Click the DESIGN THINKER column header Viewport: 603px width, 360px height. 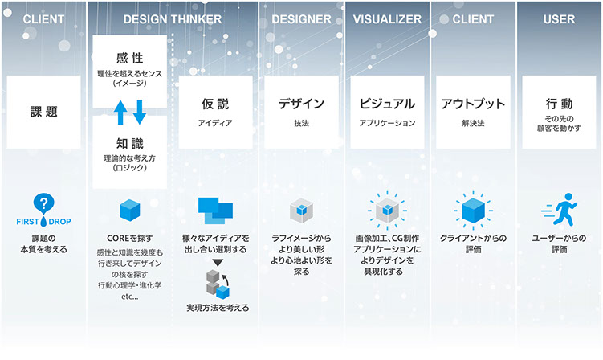(x=173, y=19)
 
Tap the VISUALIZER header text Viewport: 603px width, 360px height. (x=387, y=19)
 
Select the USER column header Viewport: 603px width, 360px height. (x=559, y=19)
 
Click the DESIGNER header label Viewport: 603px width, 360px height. (x=302, y=19)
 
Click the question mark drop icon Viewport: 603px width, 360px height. (x=43, y=203)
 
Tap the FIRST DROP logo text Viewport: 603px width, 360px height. (x=43, y=222)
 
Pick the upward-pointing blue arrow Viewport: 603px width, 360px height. (x=120, y=112)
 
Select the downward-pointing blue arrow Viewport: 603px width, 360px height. (x=139, y=112)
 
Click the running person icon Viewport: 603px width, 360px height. (x=560, y=209)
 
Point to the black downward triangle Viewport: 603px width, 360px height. (x=218, y=263)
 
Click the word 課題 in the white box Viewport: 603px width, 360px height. (x=44, y=112)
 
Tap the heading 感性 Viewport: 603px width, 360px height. (x=130, y=58)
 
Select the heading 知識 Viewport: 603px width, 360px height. (x=130, y=144)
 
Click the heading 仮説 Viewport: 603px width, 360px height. (x=215, y=104)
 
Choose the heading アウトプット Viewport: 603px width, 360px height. (x=473, y=104)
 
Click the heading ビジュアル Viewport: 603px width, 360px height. (x=387, y=104)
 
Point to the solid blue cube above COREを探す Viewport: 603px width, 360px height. (x=130, y=211)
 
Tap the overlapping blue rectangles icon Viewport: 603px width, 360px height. (x=215, y=211)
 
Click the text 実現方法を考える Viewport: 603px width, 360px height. (x=218, y=308)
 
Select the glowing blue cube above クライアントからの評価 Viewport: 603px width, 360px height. (x=473, y=211)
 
